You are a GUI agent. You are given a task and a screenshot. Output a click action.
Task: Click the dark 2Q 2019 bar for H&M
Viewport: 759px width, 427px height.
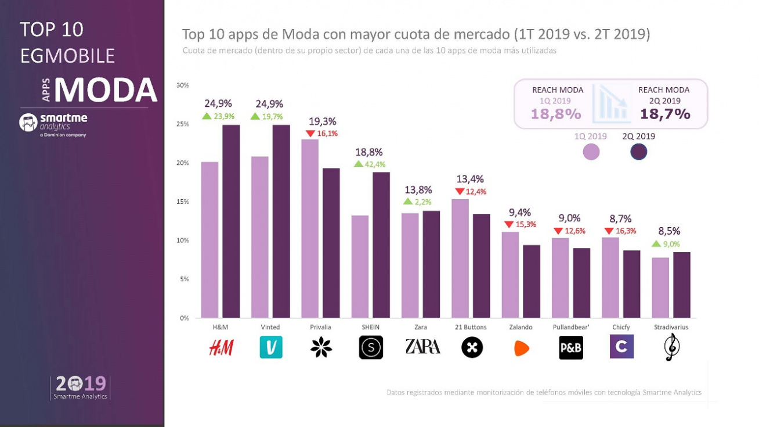[231, 221]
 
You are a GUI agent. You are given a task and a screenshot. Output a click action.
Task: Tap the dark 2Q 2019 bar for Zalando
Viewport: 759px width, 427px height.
[532, 281]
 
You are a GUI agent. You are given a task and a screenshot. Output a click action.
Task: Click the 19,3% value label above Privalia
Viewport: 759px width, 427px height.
[323, 121]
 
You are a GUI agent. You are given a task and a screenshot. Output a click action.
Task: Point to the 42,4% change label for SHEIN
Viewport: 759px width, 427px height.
[374, 164]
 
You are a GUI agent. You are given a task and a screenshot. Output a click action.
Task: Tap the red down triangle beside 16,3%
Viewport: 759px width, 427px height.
[609, 231]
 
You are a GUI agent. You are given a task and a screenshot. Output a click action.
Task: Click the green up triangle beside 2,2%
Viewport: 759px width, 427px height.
[408, 202]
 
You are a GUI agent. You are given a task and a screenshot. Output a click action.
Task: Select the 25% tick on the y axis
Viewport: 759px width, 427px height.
[183, 124]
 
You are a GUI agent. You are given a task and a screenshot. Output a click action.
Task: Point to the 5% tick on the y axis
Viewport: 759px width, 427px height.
[185, 279]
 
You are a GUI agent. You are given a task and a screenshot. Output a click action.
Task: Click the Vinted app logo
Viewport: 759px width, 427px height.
[270, 347]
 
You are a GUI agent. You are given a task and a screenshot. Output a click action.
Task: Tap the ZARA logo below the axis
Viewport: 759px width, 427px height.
[422, 347]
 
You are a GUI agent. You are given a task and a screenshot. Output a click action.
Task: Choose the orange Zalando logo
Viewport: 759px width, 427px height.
[522, 347]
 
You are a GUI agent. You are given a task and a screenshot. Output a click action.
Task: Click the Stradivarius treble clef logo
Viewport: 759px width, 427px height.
[671, 347]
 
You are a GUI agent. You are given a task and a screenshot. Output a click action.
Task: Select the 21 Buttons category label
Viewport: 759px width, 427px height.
[471, 328]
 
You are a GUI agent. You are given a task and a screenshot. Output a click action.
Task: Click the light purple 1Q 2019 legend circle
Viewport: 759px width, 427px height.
[591, 152]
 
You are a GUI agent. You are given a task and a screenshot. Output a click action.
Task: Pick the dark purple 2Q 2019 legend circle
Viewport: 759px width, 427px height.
[638, 152]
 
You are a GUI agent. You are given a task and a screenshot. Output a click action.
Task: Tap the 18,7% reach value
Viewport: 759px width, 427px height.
[665, 114]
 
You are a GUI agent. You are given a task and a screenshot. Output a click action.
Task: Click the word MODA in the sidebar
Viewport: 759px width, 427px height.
[106, 90]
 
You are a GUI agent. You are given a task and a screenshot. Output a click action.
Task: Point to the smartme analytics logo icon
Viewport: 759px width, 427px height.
[28, 122]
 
